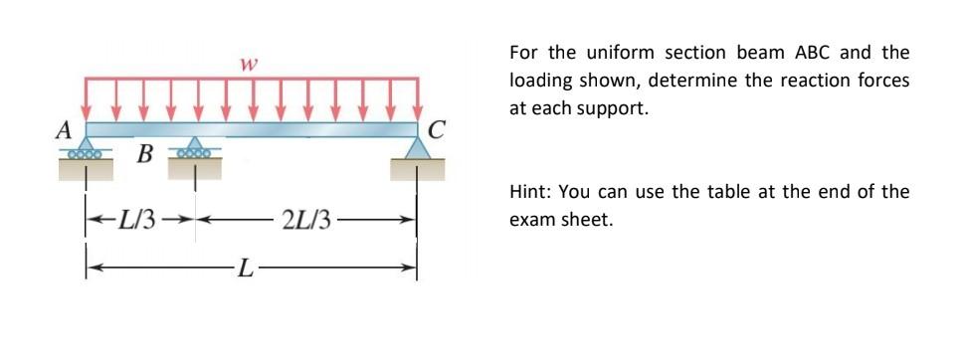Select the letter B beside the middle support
pos(144,155)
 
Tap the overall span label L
pos(244,267)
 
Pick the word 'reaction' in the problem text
pos(813,81)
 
